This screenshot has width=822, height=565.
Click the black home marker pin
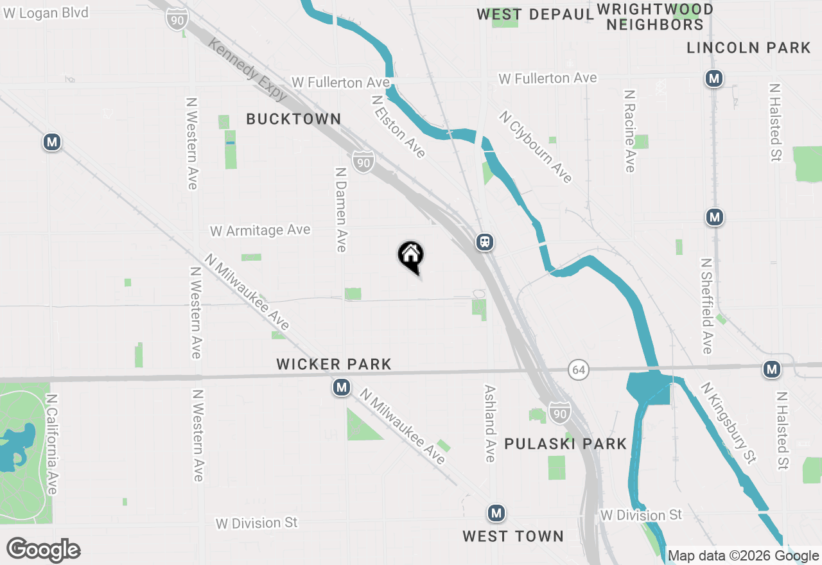pyautogui.click(x=411, y=256)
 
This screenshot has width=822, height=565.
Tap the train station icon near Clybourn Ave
pyautogui.click(x=485, y=242)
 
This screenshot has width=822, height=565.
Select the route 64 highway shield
pyautogui.click(x=579, y=370)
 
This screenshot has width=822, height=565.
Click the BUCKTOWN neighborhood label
pyautogui.click(x=293, y=119)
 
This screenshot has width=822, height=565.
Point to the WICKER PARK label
pyautogui.click(x=334, y=365)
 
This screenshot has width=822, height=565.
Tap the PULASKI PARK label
pyautogui.click(x=565, y=444)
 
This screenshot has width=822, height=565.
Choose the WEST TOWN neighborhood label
pyautogui.click(x=513, y=536)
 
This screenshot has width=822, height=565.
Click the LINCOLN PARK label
pyautogui.click(x=749, y=48)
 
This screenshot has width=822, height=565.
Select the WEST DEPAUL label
pyautogui.click(x=535, y=15)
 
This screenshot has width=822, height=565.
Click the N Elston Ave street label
pyautogui.click(x=399, y=126)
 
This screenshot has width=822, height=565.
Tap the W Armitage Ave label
pyautogui.click(x=260, y=230)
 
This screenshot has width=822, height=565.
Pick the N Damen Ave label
pyautogui.click(x=341, y=209)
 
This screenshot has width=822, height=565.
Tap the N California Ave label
pyautogui.click(x=52, y=444)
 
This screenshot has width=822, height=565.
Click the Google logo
pyautogui.click(x=43, y=550)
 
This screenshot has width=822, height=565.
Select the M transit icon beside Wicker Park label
pyautogui.click(x=342, y=387)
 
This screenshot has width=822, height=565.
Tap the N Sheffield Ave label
pyautogui.click(x=707, y=306)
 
